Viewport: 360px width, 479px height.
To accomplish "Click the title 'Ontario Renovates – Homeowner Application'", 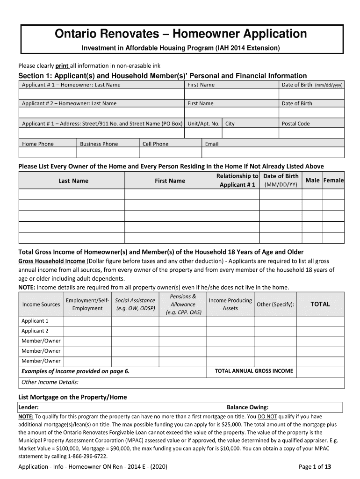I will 181,34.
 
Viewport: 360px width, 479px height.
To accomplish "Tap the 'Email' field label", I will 211,144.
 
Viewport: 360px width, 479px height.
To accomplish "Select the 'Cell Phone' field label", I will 155,144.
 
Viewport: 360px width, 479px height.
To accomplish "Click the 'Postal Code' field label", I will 295,124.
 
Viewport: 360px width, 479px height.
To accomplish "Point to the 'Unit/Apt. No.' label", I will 203,124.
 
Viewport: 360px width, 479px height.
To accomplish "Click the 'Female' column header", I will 333,181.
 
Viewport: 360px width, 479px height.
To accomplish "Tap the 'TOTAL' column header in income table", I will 320,304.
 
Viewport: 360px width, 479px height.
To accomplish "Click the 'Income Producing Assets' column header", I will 230,304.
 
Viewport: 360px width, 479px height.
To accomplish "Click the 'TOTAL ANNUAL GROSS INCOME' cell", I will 254,371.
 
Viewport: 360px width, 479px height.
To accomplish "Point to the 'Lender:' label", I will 28,407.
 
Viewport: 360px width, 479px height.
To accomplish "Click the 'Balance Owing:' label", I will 247,407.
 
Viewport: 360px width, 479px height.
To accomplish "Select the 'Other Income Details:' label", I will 50,382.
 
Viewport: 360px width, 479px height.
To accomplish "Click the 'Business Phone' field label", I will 99,144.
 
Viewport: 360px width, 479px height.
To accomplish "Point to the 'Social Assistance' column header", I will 135,300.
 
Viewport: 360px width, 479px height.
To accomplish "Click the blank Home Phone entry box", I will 47,153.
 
